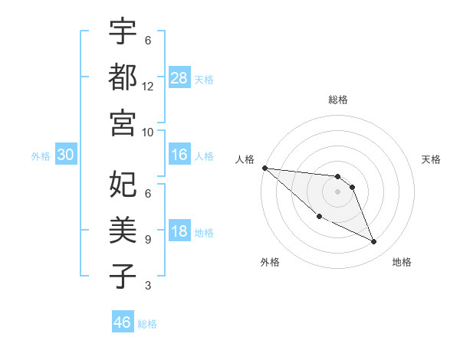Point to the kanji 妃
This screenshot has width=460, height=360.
(123, 184)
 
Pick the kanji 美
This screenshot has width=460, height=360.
(123, 229)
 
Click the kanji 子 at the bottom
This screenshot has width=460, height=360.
(123, 276)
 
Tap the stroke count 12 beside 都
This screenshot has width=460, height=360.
(148, 86)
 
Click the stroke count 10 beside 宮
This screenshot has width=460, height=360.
(148, 132)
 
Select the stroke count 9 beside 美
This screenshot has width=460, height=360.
(148, 239)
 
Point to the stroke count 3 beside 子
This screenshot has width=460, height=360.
(148, 286)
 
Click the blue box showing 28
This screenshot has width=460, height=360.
(179, 77)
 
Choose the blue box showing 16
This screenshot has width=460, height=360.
(179, 155)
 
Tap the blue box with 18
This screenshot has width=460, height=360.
(179, 232)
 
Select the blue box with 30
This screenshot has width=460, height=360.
(65, 155)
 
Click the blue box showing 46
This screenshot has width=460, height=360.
(122, 322)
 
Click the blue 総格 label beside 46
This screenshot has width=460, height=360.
(147, 323)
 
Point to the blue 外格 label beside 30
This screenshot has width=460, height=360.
(41, 156)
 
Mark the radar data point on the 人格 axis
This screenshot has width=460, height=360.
(264, 168)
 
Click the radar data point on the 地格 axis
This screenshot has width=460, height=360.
(374, 242)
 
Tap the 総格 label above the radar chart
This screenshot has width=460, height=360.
(337, 100)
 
